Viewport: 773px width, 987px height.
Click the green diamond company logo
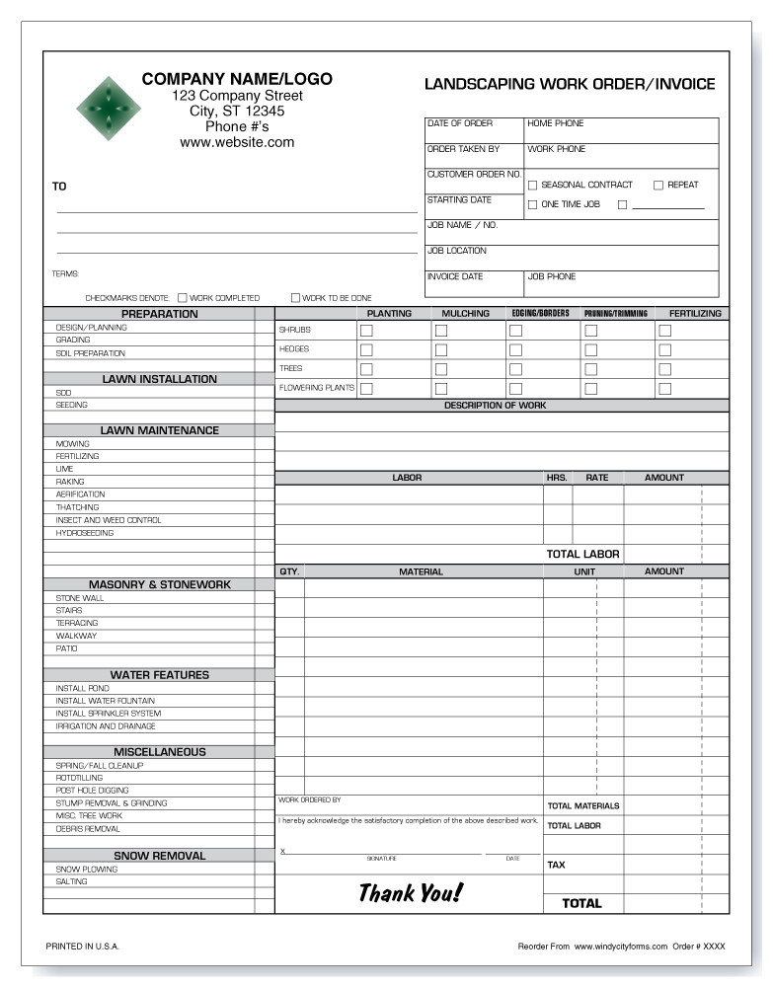(108, 110)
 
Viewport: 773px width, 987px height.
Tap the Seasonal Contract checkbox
(533, 185)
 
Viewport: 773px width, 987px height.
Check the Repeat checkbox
(658, 185)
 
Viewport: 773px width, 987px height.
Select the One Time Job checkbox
(533, 204)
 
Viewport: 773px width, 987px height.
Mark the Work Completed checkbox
(183, 297)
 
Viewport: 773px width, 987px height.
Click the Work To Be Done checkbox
(295, 297)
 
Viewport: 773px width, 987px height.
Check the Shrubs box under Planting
(366, 331)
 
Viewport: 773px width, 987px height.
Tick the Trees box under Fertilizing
(664, 369)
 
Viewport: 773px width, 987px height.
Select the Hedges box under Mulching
(441, 349)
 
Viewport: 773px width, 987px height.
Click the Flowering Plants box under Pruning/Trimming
(590, 389)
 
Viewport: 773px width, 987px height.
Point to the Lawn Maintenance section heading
(159, 430)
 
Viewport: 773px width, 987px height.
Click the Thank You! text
(409, 893)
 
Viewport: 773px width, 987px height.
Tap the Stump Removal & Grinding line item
(112, 803)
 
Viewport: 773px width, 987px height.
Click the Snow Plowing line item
(87, 870)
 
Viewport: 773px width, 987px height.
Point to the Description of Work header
(495, 406)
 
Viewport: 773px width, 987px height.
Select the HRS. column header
(557, 478)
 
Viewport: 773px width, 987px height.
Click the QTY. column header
(289, 571)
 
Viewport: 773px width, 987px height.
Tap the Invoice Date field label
(455, 277)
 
